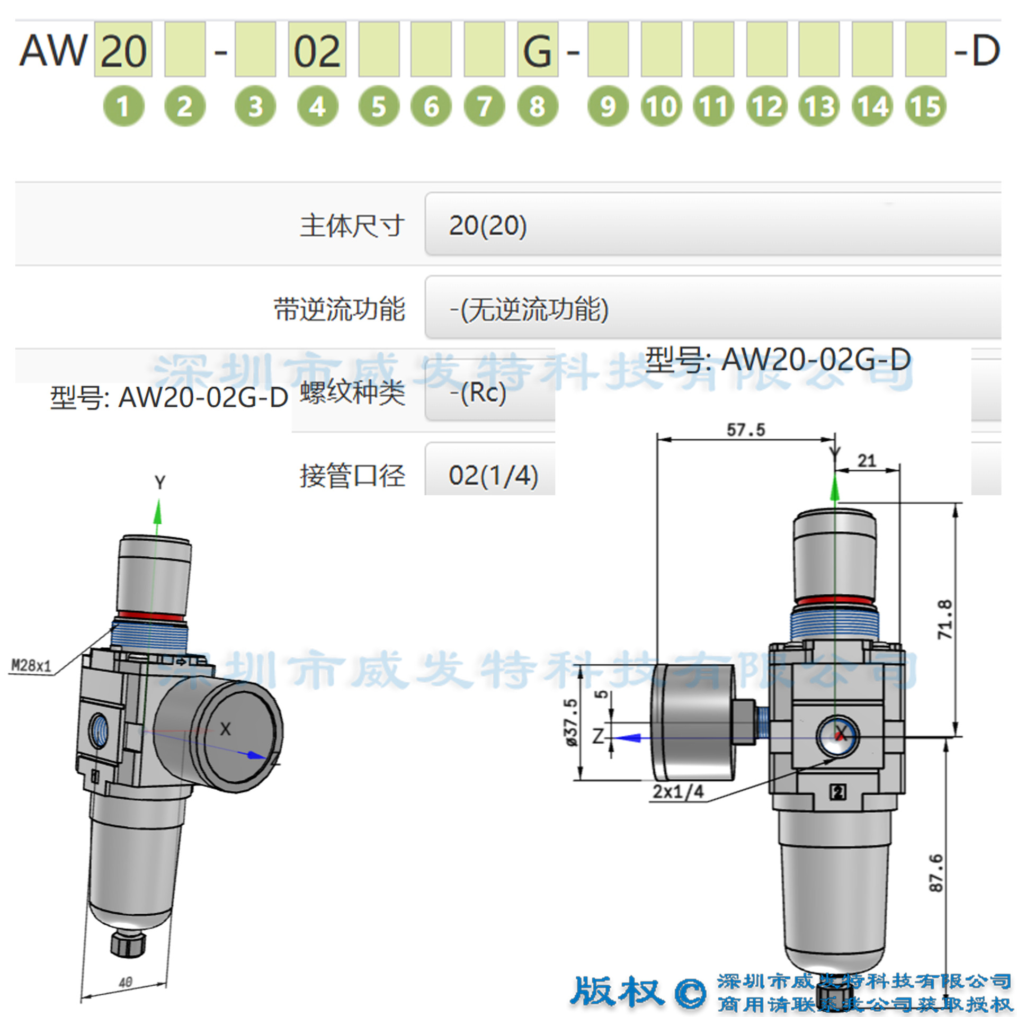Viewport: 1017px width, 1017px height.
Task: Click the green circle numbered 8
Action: click(537, 106)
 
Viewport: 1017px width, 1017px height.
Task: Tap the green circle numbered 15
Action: click(925, 106)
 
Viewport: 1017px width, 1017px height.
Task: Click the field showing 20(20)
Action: click(710, 225)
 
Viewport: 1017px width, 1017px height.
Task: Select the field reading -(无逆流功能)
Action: click(710, 308)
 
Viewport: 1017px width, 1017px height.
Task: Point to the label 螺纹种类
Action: click(352, 393)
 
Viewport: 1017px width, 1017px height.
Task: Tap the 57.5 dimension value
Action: click(745, 430)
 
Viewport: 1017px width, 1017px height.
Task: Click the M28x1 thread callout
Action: click(31, 665)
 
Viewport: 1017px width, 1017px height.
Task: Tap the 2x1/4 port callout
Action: click(677, 791)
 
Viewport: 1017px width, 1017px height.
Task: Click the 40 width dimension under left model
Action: click(126, 983)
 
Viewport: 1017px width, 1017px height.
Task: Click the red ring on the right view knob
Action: click(834, 601)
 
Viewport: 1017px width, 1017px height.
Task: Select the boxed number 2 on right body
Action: click(837, 792)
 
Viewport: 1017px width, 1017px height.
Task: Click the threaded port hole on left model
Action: click(99, 730)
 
